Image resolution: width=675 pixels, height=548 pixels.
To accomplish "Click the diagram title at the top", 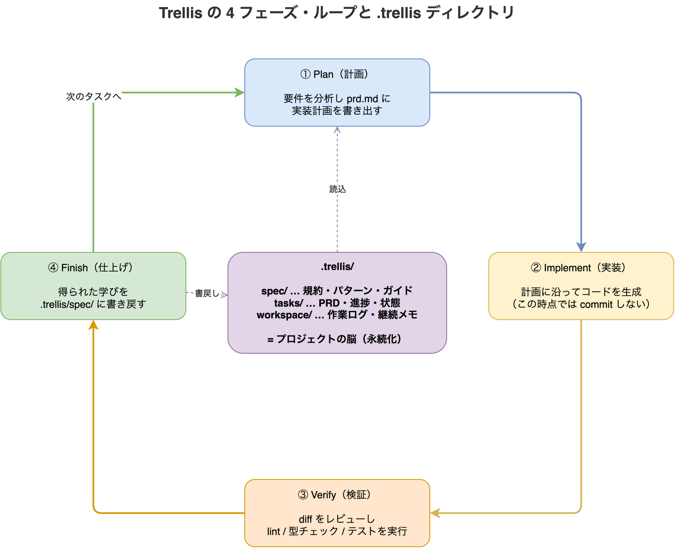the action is [336, 13].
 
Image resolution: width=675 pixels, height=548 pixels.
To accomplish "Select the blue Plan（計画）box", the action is [337, 93].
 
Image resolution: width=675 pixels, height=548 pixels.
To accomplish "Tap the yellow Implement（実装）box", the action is [581, 286].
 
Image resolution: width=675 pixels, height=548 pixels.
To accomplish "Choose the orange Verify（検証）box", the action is [337, 513].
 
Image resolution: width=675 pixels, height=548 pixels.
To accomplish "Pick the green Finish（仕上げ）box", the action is [93, 286].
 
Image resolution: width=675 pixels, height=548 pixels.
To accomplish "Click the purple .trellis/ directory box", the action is [337, 303].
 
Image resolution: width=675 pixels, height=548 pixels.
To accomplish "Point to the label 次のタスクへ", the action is [93, 96].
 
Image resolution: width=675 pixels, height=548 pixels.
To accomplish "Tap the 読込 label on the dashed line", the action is [337, 189].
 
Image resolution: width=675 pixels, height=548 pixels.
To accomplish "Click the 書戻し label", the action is [207, 294].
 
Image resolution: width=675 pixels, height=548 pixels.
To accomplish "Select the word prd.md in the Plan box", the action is [362, 99].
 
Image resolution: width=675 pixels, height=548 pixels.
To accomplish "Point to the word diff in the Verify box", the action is [305, 519].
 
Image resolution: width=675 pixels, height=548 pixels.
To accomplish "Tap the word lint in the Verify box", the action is [273, 532].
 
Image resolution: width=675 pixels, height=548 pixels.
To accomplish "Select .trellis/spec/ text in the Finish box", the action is [66, 304].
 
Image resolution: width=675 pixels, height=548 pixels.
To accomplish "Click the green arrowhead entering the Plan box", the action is [240, 93].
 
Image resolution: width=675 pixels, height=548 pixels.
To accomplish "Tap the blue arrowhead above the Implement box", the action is [581, 247].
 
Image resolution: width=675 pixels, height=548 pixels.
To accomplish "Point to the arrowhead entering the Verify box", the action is [435, 513].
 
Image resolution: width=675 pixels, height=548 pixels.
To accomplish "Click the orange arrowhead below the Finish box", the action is [93, 325].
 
